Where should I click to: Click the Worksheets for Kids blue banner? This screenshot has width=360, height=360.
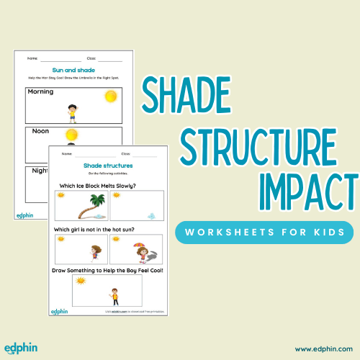(264, 233)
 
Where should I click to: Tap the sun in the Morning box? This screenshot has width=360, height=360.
(110, 96)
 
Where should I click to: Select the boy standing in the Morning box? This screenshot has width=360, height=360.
(72, 112)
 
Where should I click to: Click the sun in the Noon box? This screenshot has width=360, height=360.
(71, 134)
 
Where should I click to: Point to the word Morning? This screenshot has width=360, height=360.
(41, 92)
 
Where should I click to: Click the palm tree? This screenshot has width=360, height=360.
(89, 206)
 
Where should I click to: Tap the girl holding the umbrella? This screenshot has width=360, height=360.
(138, 252)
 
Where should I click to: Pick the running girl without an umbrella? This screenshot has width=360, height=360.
(94, 253)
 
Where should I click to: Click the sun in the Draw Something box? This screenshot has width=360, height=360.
(81, 281)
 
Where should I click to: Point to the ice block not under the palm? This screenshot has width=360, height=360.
(151, 215)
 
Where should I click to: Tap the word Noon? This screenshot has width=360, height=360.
(40, 131)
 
